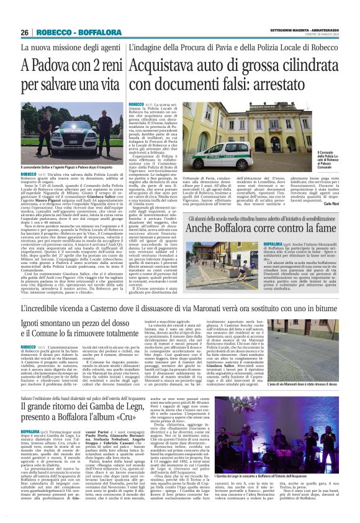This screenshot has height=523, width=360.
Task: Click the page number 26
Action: (25, 32)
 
